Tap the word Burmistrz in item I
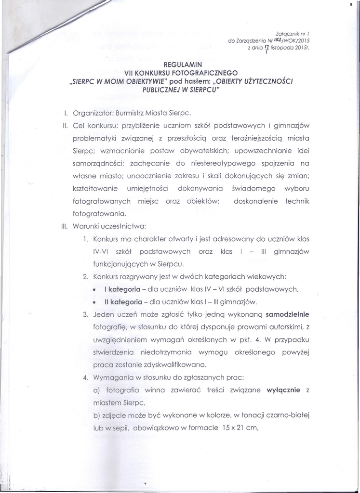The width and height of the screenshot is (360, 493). click(x=126, y=114)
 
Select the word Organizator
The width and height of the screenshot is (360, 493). click(x=90, y=114)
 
